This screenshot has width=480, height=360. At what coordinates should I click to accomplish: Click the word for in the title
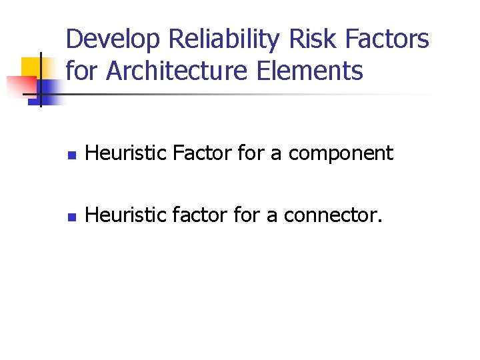tap(82, 71)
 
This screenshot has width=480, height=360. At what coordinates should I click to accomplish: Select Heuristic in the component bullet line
tap(126, 153)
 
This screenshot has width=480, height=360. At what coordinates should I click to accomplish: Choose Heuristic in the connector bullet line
tap(126, 215)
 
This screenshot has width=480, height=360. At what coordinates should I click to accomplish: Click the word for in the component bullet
tap(250, 153)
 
